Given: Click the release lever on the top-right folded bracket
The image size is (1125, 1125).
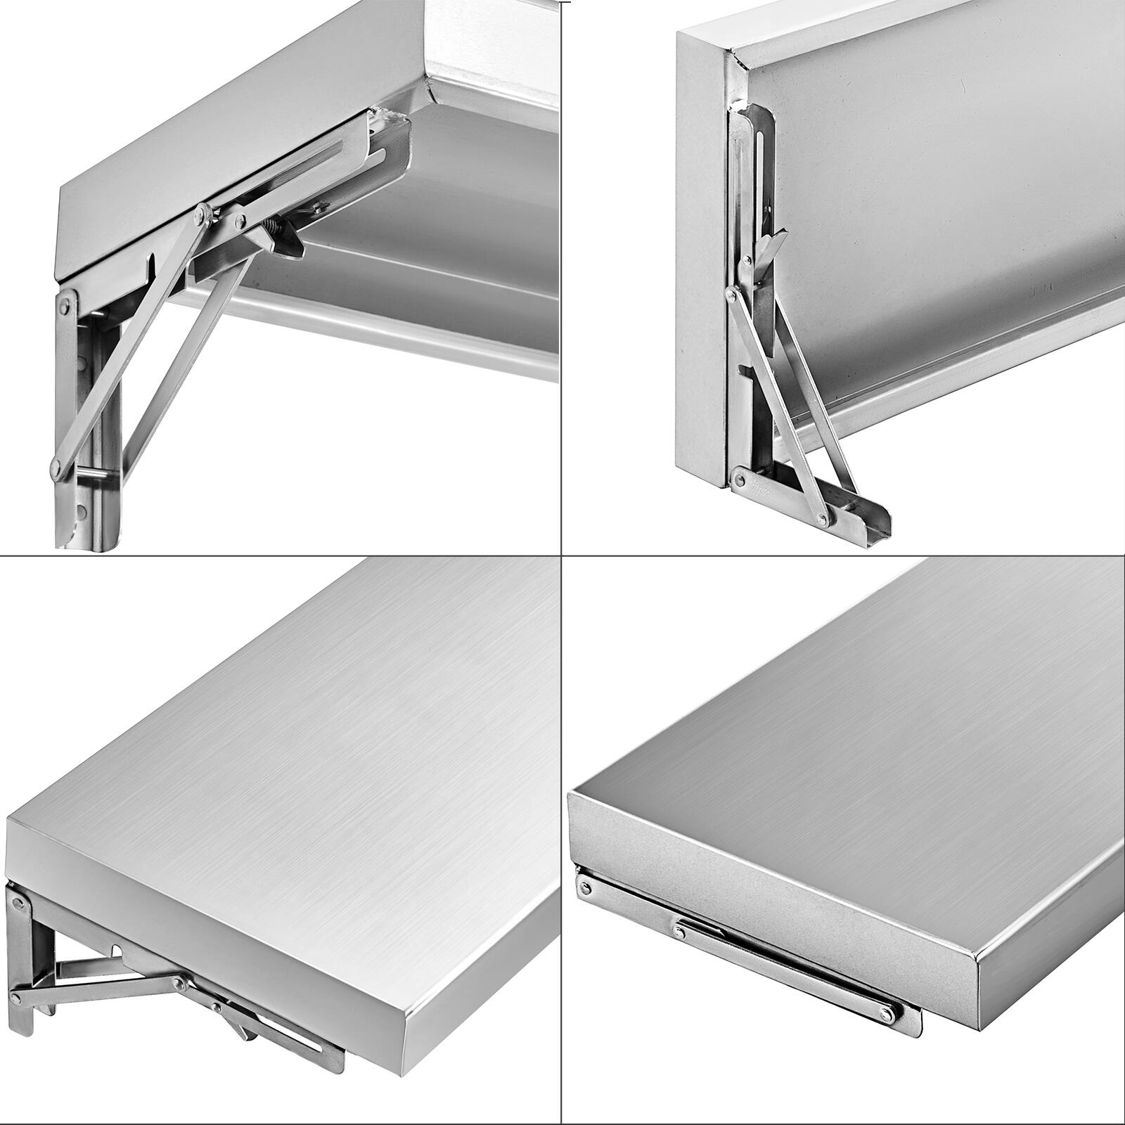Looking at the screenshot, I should coord(770,245).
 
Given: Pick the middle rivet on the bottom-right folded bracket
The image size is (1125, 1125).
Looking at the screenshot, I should coord(679,931).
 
